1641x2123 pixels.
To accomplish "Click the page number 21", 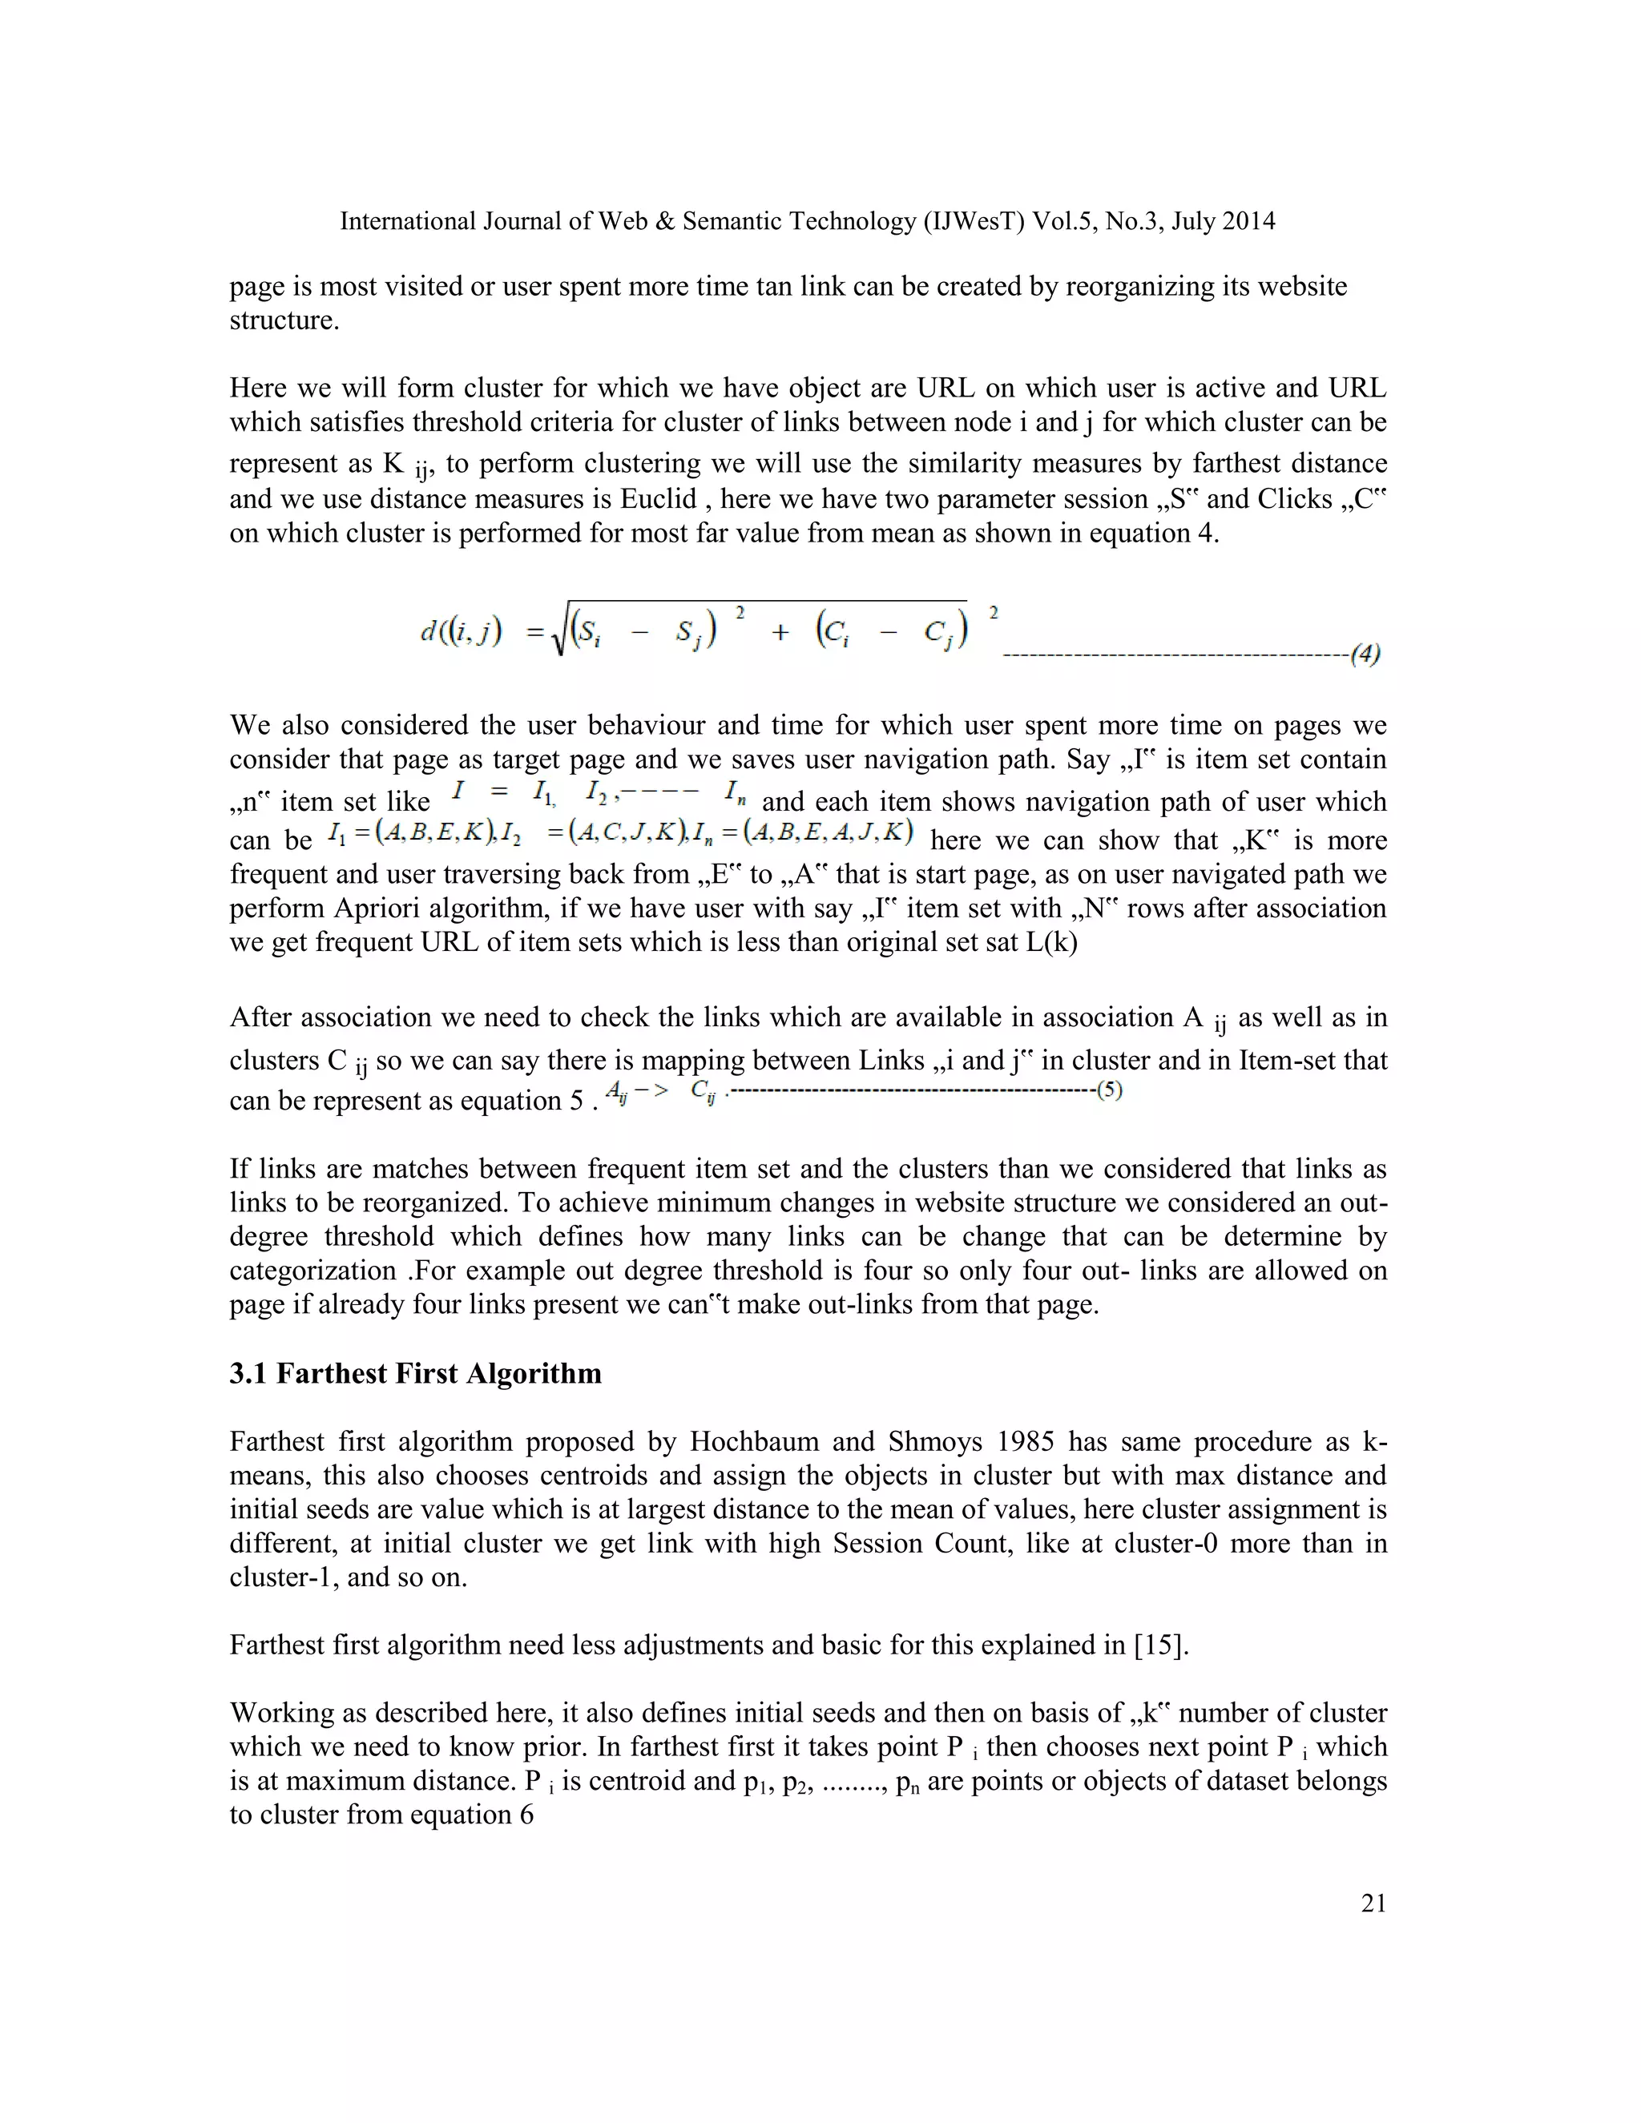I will click(1373, 1903).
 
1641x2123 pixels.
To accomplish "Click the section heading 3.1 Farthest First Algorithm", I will click(415, 1373).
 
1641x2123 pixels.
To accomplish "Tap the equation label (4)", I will click(1365, 655).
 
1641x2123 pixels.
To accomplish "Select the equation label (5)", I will click(1109, 1090).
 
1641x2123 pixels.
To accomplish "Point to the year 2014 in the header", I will click(1248, 222).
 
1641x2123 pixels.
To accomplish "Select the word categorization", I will click(312, 1271).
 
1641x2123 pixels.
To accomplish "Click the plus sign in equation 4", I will click(780, 633).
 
